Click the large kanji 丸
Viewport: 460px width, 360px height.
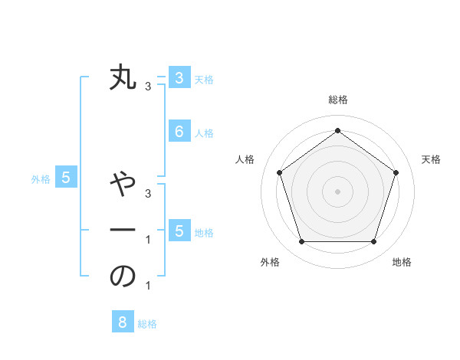123,77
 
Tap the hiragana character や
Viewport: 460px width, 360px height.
123,184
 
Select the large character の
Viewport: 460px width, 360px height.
123,277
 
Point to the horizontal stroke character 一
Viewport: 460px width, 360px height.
123,230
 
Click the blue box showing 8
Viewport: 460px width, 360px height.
123,322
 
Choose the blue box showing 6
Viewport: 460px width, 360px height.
179,132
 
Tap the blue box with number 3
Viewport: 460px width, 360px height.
179,77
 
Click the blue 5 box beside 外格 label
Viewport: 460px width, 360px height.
66,178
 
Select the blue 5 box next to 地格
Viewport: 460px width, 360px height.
179,231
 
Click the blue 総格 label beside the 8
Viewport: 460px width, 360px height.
147,324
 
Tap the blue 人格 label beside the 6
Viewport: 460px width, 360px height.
204,133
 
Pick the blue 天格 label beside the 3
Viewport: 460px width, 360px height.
204,79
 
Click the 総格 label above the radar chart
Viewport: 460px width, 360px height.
337,100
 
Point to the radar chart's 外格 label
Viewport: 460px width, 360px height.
270,262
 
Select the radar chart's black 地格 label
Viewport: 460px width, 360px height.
402,262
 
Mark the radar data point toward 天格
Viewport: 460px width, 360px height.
396,172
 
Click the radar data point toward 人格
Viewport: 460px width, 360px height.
279,172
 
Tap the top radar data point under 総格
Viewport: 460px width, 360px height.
337,130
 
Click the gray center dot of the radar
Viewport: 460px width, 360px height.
337,191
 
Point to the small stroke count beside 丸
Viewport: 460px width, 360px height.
148,87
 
